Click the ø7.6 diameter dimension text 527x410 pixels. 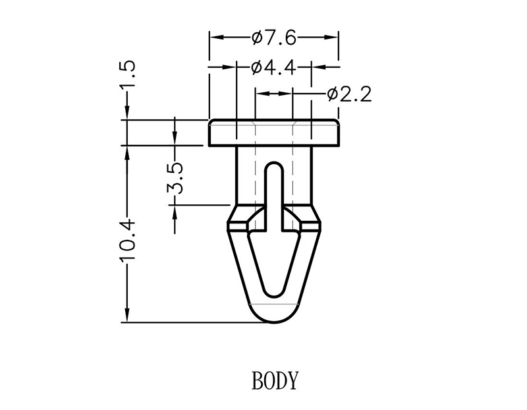pos(273,38)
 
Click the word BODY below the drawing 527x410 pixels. pos(275,380)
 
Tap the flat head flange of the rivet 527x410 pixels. pos(274,132)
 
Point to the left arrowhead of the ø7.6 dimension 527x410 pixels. pos(215,38)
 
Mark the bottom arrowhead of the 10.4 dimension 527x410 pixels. pos(125,316)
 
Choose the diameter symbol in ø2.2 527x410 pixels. pos(333,94)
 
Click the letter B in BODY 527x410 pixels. pos(257,380)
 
